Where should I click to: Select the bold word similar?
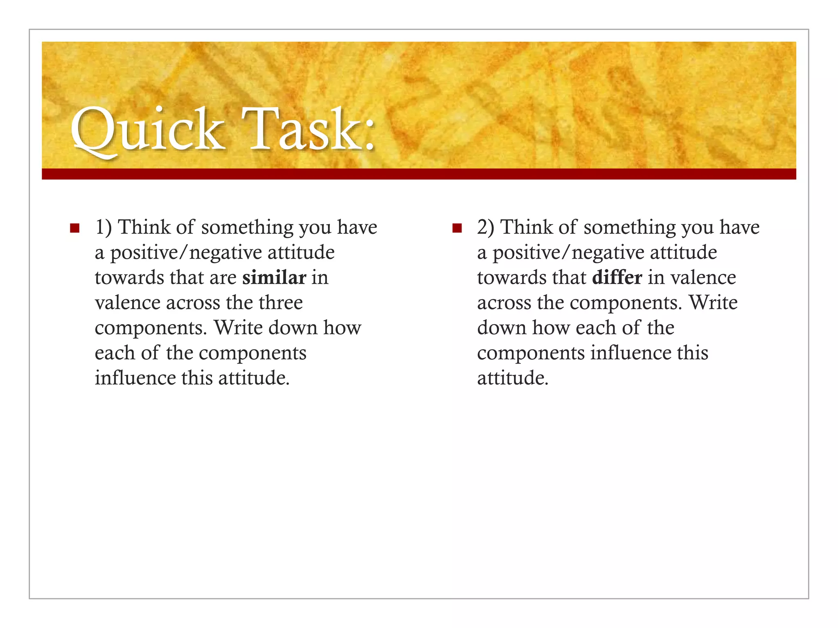pyautogui.click(x=274, y=278)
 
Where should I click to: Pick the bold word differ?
pyautogui.click(x=617, y=278)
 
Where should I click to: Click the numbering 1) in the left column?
pyautogui.click(x=103, y=227)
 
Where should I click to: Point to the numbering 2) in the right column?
pyautogui.click(x=486, y=227)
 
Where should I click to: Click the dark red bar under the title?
pyautogui.click(x=419, y=174)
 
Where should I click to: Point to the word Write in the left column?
pyautogui.click(x=238, y=328)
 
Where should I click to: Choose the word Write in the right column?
pyautogui.click(x=713, y=303)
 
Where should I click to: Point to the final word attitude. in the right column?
pyautogui.click(x=513, y=378)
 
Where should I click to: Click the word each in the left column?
pyautogui.click(x=115, y=353)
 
